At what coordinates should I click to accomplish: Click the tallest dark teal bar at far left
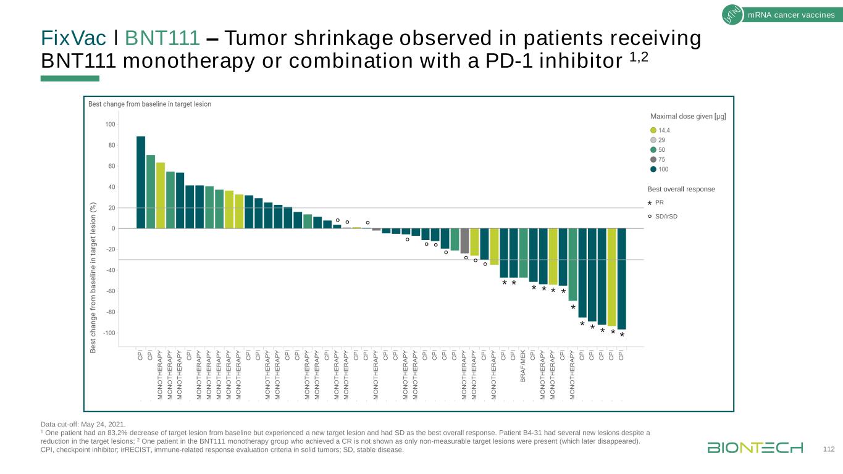(x=141, y=182)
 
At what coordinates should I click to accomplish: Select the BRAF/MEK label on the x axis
(x=523, y=367)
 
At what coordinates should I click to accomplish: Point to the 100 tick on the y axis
(x=110, y=125)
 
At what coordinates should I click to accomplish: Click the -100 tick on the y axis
(x=108, y=333)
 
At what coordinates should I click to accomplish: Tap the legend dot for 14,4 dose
(x=654, y=130)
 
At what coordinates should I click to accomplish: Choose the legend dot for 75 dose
(x=654, y=159)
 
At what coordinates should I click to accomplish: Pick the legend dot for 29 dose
(x=654, y=140)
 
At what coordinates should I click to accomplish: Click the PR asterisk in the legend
(x=650, y=203)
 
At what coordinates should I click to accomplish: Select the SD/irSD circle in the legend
(x=650, y=216)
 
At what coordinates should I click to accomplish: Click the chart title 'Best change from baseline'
(x=149, y=104)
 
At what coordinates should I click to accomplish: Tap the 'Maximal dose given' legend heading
(x=688, y=116)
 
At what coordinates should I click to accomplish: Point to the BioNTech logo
(x=755, y=447)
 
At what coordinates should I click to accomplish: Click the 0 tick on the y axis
(x=112, y=229)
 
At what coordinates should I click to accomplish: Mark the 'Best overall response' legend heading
(x=681, y=189)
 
